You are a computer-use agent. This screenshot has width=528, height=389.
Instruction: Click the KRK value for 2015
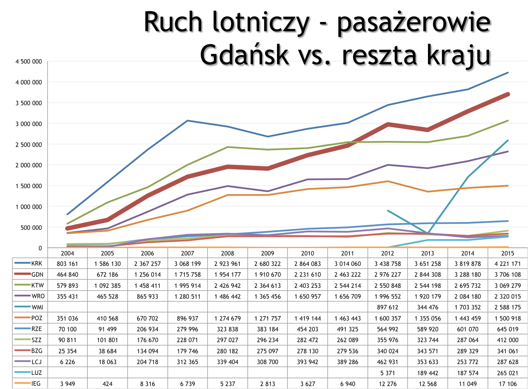(508, 264)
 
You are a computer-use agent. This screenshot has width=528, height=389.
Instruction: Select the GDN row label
(37, 274)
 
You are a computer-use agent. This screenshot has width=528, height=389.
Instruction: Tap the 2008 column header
(228, 253)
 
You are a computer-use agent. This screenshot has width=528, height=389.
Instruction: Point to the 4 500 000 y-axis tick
(29, 62)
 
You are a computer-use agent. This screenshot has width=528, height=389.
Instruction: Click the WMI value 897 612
(387, 307)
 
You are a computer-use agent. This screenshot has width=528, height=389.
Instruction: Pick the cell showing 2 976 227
(387, 274)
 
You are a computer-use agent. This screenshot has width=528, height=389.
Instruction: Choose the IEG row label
(36, 383)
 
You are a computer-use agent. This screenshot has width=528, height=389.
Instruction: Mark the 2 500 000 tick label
(29, 145)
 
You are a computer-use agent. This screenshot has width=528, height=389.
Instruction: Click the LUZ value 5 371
(387, 373)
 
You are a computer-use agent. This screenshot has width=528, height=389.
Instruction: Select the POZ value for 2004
(67, 318)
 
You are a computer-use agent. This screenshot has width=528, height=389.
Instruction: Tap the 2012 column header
(387, 253)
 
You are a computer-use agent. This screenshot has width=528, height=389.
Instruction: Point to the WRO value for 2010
(308, 296)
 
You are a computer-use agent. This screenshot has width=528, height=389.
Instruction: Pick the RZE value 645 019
(508, 329)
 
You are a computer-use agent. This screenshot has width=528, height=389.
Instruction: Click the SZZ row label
(36, 340)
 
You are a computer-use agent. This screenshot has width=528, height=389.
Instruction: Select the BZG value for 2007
(187, 351)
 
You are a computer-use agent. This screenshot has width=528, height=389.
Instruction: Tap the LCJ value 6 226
(67, 362)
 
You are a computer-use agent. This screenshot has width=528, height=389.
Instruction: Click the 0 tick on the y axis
(40, 248)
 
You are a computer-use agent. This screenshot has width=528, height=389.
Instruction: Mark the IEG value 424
(107, 384)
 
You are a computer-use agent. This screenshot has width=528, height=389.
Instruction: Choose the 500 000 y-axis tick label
(32, 228)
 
